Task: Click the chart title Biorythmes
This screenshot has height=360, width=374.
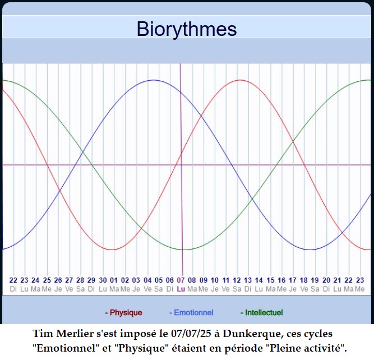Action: click(187, 29)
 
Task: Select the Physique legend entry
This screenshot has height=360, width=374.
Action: click(123, 312)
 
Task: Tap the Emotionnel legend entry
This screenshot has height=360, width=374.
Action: click(191, 312)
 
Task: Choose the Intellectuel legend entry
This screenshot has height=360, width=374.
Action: click(262, 312)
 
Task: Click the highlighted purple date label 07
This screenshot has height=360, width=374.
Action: click(181, 280)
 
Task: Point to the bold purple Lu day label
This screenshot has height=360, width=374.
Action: click(181, 289)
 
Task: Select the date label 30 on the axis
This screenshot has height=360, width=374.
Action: click(103, 280)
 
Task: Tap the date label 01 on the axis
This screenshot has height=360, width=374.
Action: click(114, 280)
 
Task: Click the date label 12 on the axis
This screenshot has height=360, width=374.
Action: click(237, 280)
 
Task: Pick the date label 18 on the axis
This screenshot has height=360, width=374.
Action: click(304, 280)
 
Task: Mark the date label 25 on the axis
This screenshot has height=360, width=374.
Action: click(47, 280)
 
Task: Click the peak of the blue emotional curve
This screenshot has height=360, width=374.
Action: click(154, 80)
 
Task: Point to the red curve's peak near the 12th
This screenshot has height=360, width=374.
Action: click(240, 80)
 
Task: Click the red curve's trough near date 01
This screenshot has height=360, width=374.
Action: click(112, 250)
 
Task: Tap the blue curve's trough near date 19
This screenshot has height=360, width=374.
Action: click(310, 250)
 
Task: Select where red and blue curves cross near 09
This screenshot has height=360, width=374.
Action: click(201, 116)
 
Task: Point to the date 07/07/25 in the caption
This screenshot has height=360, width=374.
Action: click(191, 334)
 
